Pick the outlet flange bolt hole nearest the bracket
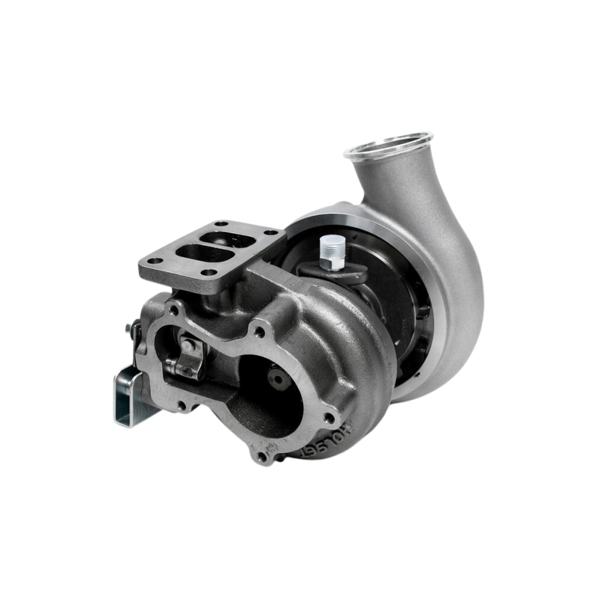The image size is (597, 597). [181, 405]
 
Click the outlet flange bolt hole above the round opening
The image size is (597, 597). [259, 332]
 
